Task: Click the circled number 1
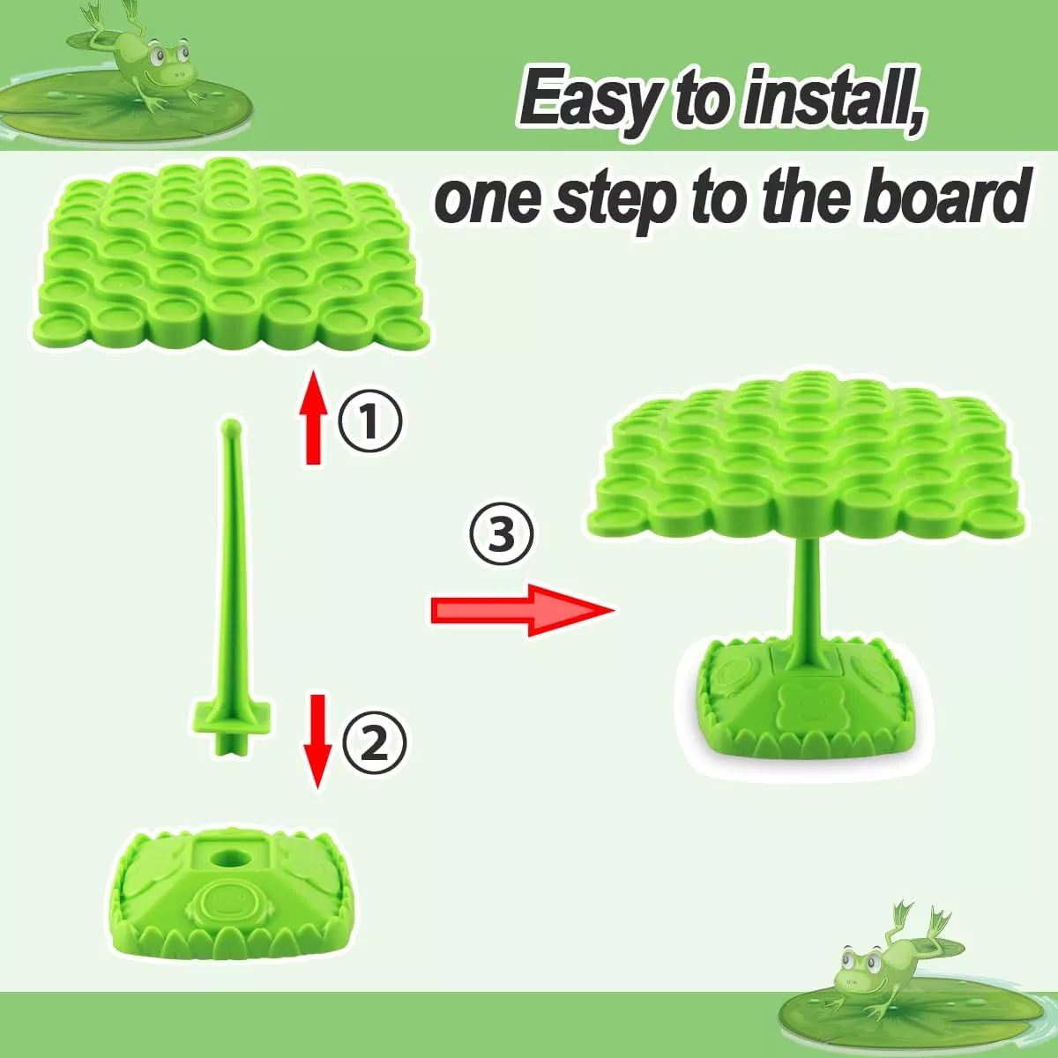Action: click(369, 421)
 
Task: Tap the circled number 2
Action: click(374, 743)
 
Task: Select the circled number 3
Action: click(501, 534)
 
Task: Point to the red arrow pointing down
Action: click(318, 741)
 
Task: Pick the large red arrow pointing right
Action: click(522, 610)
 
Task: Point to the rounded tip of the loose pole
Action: click(230, 426)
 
